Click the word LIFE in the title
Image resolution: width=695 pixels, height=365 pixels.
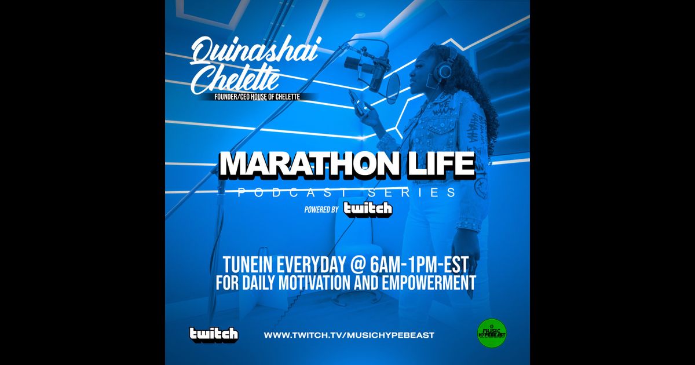pyautogui.click(x=442, y=166)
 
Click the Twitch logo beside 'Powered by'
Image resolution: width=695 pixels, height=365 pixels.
pyautogui.click(x=367, y=209)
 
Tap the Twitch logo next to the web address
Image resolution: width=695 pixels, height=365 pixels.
pyautogui.click(x=214, y=334)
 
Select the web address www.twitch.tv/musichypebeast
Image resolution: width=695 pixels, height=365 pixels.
pyautogui.click(x=349, y=335)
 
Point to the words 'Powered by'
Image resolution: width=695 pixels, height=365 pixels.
pyautogui.click(x=321, y=210)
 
